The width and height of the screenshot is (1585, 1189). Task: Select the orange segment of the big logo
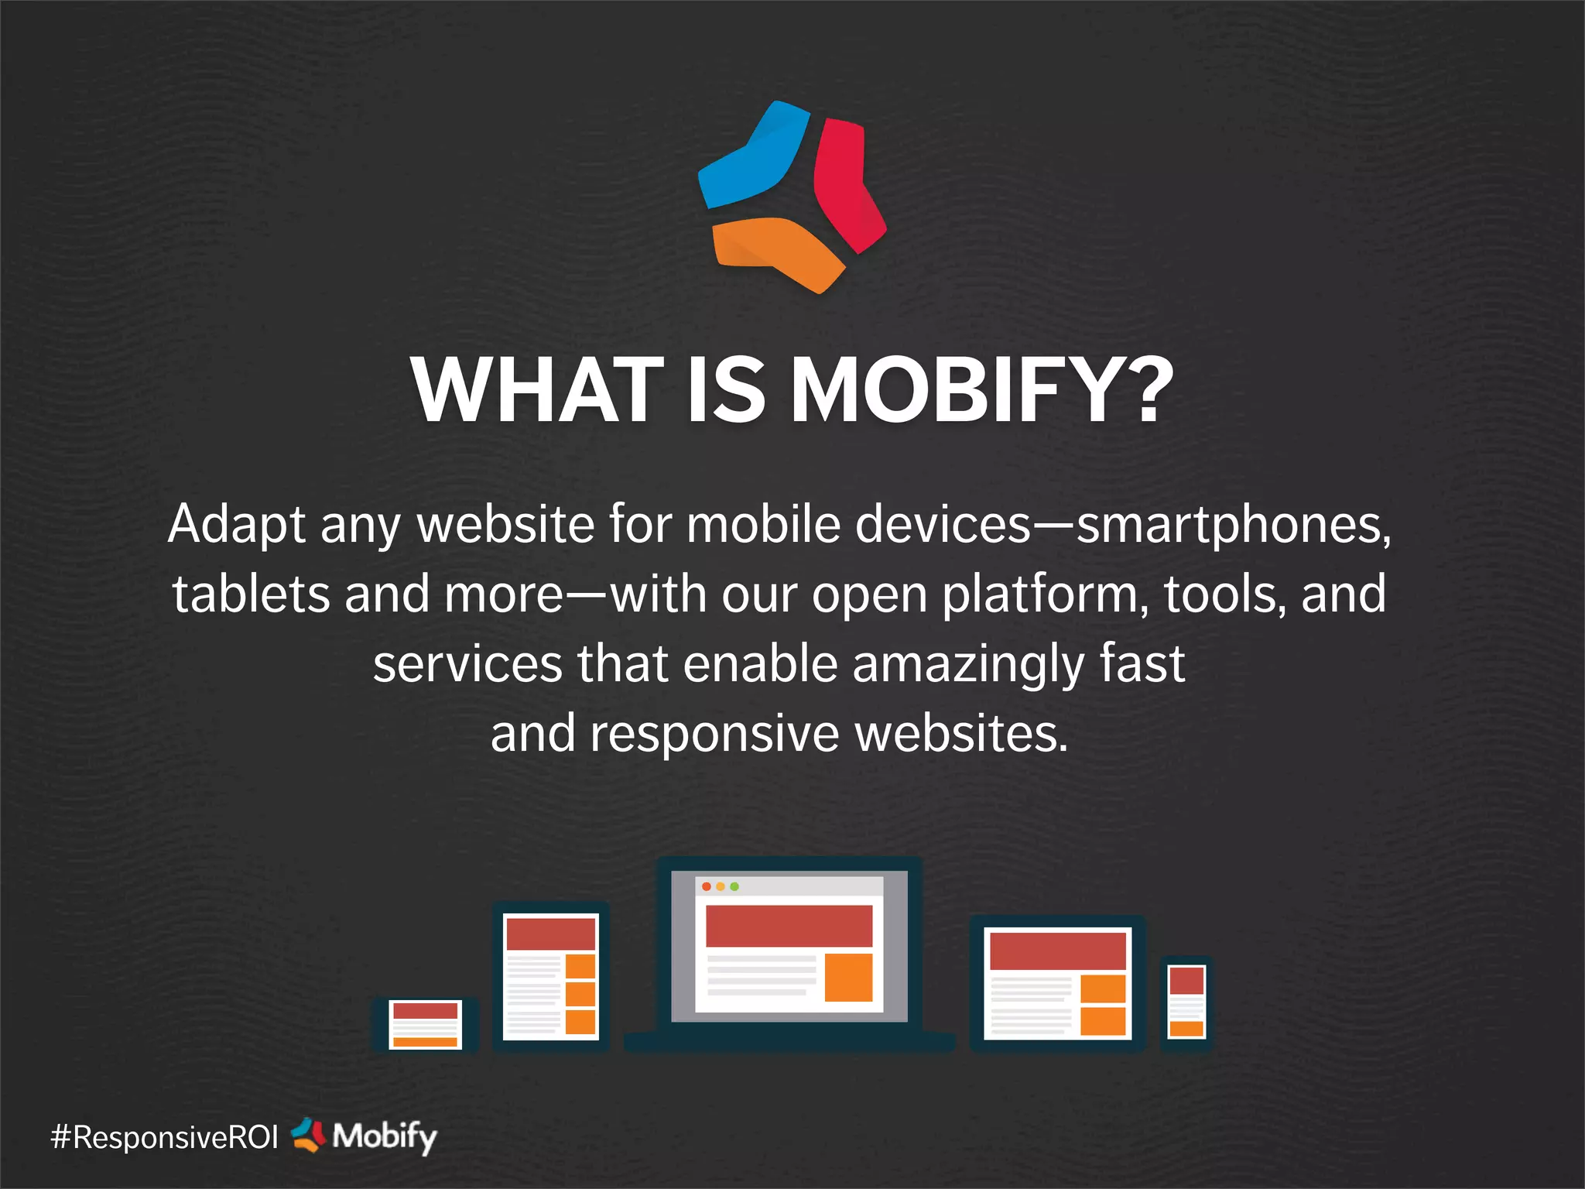coord(774,248)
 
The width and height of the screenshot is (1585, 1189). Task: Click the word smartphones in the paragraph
coord(1231,525)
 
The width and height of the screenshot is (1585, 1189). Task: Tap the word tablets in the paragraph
coord(251,594)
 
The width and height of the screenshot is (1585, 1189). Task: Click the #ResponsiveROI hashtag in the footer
coord(164,1137)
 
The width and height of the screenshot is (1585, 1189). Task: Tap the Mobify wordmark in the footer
coord(385,1136)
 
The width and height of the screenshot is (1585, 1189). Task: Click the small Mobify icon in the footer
coord(308,1136)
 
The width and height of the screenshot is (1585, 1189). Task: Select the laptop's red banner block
coord(789,926)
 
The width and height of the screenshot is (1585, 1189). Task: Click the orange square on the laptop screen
coord(848,977)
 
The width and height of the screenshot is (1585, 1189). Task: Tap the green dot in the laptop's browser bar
coord(734,886)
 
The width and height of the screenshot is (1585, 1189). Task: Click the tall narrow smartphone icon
coord(1186,1002)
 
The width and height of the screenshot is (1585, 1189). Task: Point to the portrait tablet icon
coord(550,976)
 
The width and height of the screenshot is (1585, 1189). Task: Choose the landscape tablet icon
coord(1057,983)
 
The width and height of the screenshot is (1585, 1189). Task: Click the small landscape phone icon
coord(425,1024)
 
